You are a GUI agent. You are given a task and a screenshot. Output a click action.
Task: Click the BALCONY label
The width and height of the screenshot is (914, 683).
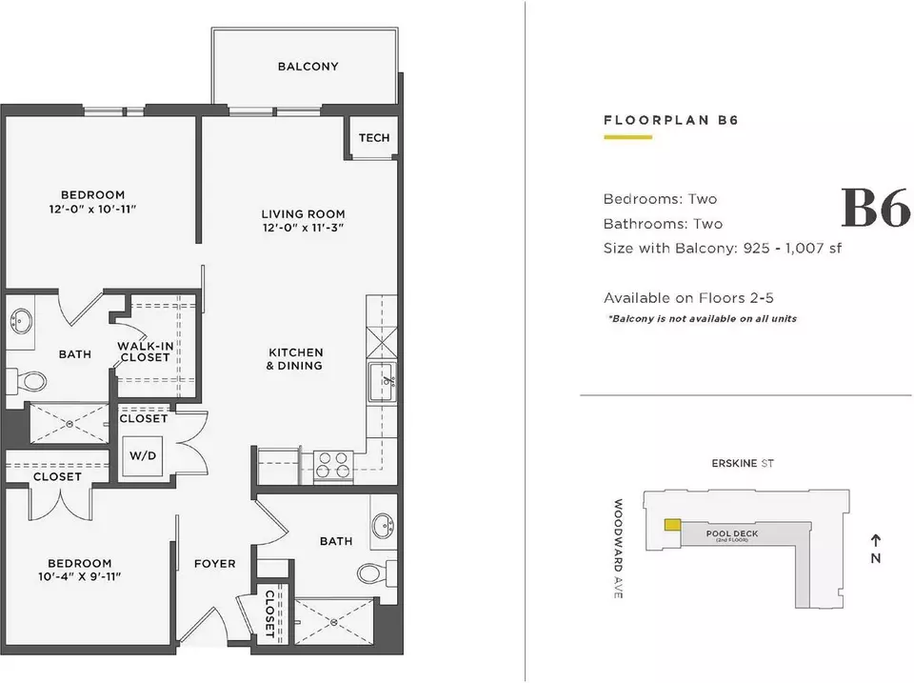click(x=308, y=67)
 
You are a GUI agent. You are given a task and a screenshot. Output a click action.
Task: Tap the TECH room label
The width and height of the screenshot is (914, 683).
click(x=374, y=138)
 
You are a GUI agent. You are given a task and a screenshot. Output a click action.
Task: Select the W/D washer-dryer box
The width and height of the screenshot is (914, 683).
click(x=143, y=455)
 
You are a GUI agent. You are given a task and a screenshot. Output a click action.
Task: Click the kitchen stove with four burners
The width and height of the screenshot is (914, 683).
click(x=333, y=466)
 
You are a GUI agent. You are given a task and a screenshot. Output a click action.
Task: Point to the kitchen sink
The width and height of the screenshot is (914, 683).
click(x=383, y=381)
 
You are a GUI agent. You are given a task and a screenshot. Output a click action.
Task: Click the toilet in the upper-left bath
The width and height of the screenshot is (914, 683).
click(x=27, y=381)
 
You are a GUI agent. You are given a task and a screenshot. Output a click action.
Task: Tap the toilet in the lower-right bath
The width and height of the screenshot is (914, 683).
click(x=377, y=573)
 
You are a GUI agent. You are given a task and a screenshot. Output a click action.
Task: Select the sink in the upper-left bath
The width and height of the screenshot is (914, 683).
click(x=22, y=321)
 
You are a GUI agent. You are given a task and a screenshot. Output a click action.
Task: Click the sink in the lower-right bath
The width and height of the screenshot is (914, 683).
click(x=385, y=526)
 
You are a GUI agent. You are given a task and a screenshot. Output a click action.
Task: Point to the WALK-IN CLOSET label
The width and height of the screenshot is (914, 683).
click(x=145, y=352)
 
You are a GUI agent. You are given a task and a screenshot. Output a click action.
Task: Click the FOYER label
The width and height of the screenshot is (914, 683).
click(x=215, y=563)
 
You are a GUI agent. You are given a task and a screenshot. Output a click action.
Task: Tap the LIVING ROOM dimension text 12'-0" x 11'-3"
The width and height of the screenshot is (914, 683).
click(x=303, y=228)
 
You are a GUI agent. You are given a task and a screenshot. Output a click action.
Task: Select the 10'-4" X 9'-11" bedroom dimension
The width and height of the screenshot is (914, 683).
click(x=80, y=577)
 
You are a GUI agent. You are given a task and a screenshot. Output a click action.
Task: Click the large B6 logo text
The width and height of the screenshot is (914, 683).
click(x=876, y=208)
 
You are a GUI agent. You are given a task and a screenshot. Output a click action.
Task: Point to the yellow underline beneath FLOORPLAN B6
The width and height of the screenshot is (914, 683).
click(x=627, y=137)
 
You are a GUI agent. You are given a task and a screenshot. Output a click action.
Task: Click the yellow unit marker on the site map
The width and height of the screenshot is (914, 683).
click(x=673, y=525)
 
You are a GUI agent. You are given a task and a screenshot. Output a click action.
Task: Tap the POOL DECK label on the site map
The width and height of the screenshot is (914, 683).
click(x=732, y=533)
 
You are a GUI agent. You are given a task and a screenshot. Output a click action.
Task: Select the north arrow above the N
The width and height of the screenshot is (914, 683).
click(x=876, y=540)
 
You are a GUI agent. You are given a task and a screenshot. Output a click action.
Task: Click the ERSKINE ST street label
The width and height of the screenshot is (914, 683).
click(x=743, y=463)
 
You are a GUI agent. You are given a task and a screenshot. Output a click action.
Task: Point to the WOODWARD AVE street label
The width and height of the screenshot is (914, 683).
click(x=619, y=549)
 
